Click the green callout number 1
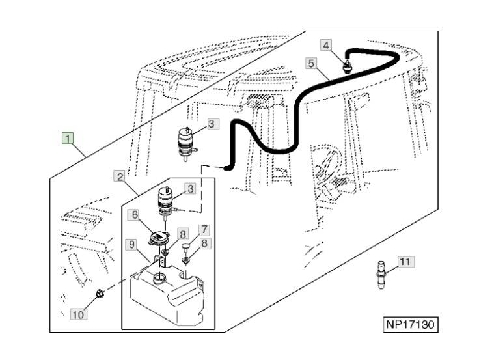coord(68,137)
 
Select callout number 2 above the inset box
coord(119,176)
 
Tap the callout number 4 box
coord(327,45)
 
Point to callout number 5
coord(311,63)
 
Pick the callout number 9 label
coord(131,245)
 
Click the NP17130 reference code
coord(408,324)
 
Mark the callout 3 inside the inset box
coord(190,189)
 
